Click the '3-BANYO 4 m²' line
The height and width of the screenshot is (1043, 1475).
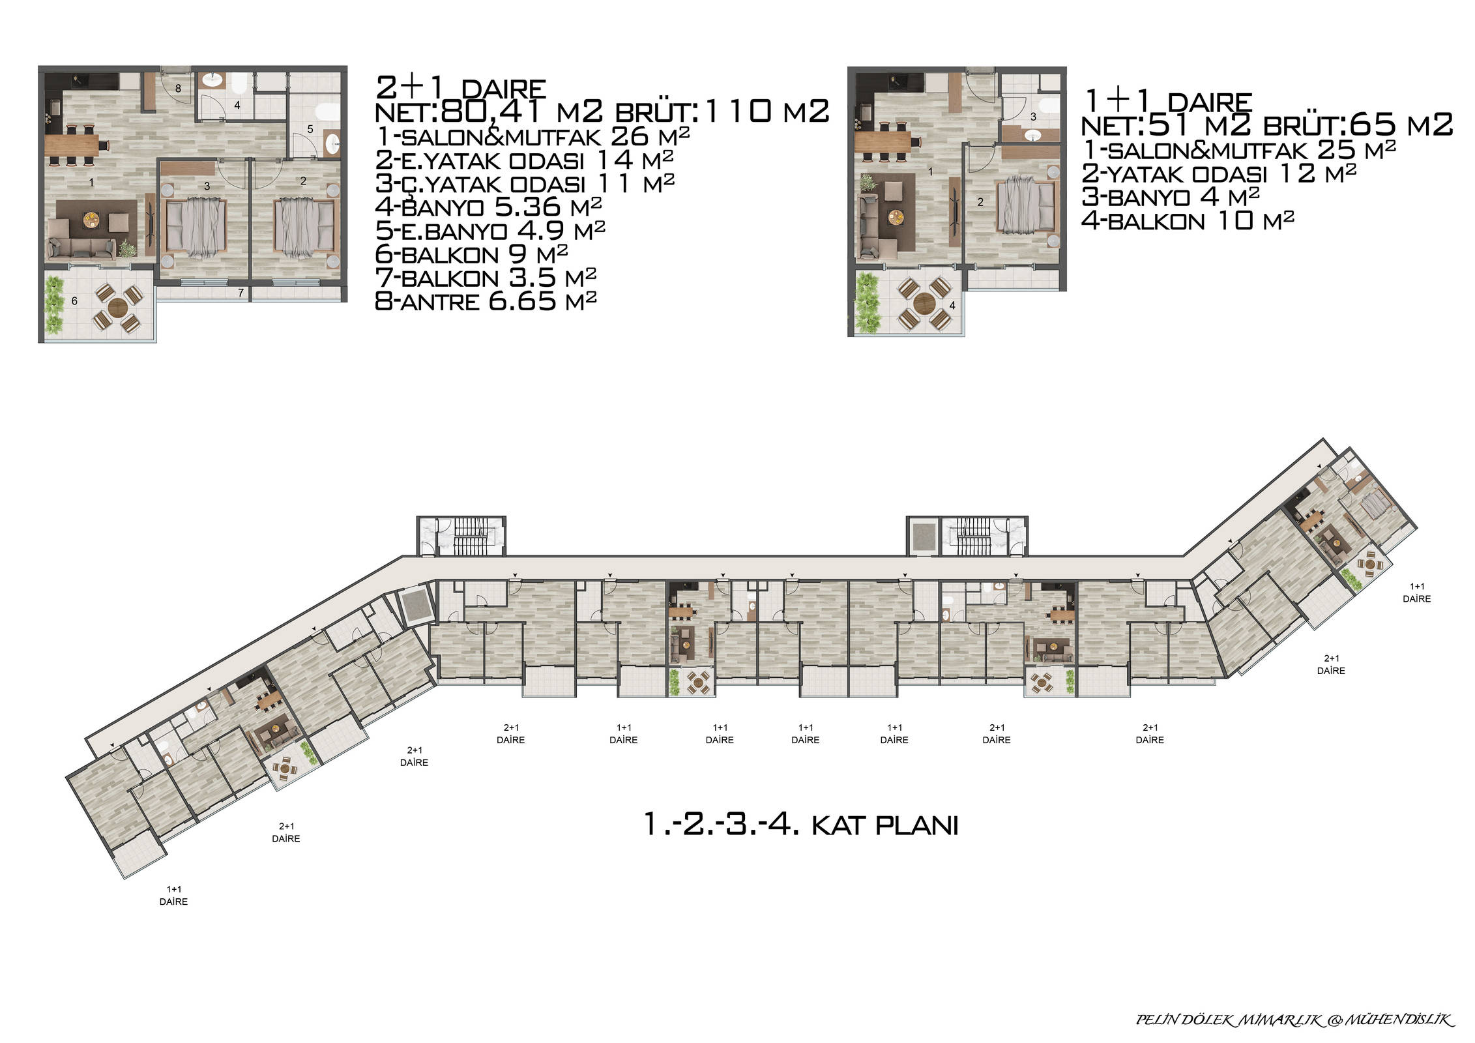click(x=1170, y=197)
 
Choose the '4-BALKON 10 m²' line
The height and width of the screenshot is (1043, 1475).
click(x=1188, y=221)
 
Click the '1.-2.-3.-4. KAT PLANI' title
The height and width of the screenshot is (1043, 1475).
click(x=800, y=825)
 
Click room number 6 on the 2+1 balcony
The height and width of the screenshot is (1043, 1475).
click(x=74, y=301)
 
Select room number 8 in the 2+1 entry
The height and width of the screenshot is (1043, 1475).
click(x=178, y=88)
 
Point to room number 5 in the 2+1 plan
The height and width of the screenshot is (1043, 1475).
click(x=310, y=129)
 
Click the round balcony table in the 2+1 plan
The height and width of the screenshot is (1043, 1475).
click(x=117, y=306)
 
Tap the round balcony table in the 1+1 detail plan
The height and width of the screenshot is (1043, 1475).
click(x=924, y=303)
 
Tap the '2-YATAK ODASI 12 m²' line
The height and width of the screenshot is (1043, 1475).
click(x=1219, y=173)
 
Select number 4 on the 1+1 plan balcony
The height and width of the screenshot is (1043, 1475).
click(x=952, y=305)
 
